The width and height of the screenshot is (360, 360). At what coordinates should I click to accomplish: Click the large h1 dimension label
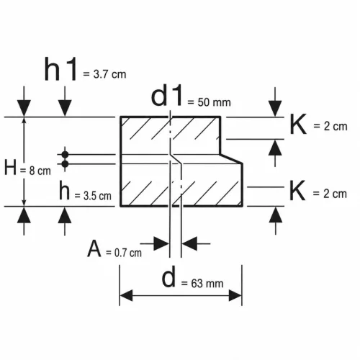click(x=60, y=69)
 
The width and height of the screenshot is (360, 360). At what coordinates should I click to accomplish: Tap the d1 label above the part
click(x=167, y=96)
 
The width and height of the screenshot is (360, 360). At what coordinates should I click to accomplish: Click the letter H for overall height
click(x=10, y=167)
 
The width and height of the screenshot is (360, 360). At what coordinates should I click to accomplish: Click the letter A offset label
click(x=94, y=248)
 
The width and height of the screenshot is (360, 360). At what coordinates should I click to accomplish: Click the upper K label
click(x=298, y=125)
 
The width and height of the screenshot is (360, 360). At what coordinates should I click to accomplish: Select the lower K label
click(x=297, y=191)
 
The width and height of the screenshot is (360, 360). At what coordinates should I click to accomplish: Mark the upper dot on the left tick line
click(x=65, y=155)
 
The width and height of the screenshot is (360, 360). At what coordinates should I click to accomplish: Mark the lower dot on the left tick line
click(x=65, y=164)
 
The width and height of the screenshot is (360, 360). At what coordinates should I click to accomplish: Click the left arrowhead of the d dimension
click(x=126, y=295)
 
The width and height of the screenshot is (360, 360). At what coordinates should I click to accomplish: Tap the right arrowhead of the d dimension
click(x=235, y=295)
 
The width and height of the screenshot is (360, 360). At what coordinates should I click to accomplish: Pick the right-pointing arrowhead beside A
click(x=161, y=243)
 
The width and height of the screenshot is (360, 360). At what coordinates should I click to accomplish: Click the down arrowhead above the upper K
click(x=275, y=109)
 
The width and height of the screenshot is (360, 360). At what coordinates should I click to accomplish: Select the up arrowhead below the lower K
click(x=276, y=215)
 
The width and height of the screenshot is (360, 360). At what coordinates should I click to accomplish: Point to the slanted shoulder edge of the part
click(x=231, y=159)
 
